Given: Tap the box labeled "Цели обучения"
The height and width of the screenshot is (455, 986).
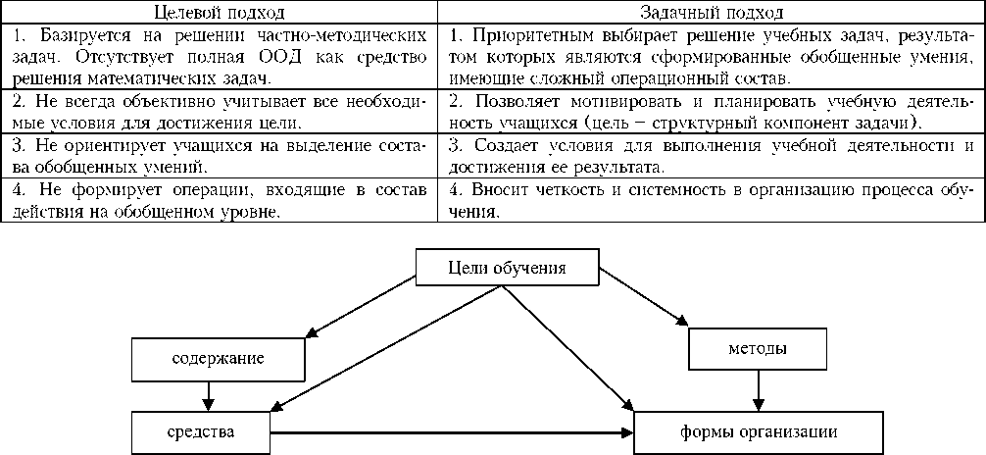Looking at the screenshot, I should point(506,268).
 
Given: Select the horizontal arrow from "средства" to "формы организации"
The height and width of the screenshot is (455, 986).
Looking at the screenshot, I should point(451,431).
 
